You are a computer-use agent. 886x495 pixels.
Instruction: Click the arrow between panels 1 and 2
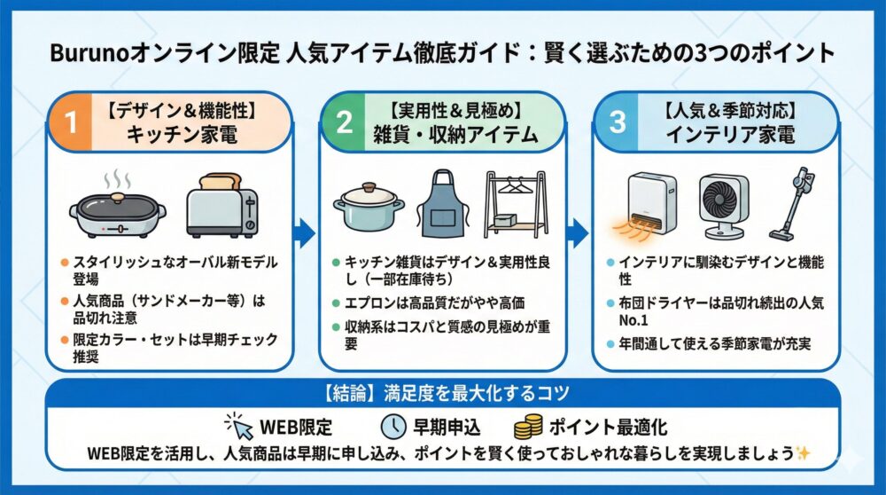coord(304,233)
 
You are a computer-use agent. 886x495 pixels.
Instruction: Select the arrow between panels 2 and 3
coord(578,233)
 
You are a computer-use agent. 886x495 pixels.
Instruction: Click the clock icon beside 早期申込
coord(392,426)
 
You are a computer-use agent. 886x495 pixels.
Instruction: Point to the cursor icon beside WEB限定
coord(239,425)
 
